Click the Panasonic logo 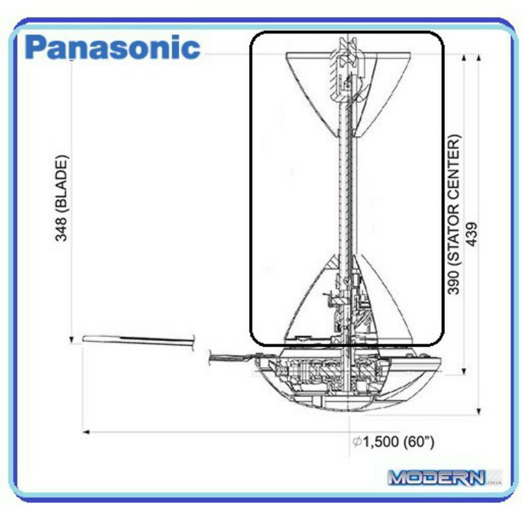[x=112, y=47]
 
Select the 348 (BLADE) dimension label [x=62, y=198]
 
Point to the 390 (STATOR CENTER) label [x=454, y=214]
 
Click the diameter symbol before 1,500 [x=357, y=442]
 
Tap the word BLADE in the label [x=62, y=186]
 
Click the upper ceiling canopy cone [x=348, y=95]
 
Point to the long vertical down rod [x=347, y=201]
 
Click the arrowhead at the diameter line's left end [x=85, y=432]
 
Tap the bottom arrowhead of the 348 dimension [x=71, y=340]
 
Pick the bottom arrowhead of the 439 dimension [x=479, y=412]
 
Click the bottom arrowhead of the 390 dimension [x=464, y=371]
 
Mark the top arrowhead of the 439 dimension [x=479, y=58]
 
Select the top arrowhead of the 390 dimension [x=464, y=58]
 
